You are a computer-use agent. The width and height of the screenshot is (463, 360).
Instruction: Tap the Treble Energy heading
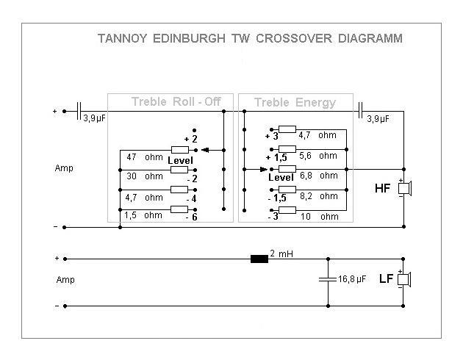(x=295, y=101)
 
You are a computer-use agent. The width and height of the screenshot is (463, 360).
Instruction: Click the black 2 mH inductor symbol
(x=259, y=259)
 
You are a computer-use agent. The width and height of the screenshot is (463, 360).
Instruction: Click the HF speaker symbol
(x=403, y=189)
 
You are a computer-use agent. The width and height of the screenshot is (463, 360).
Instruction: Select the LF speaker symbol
(x=403, y=280)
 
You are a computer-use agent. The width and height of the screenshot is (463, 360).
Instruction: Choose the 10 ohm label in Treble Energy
(x=320, y=216)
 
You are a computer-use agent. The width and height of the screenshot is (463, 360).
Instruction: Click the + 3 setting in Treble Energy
(x=271, y=136)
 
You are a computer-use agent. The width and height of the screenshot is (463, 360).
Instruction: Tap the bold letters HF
(x=382, y=189)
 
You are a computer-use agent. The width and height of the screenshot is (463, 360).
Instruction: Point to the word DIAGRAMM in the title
(x=367, y=37)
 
